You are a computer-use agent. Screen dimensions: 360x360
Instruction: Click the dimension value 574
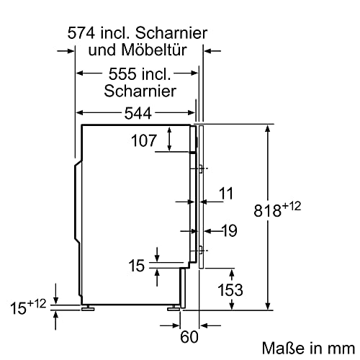[x=81, y=33]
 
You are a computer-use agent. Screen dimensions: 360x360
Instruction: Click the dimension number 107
[x=144, y=141]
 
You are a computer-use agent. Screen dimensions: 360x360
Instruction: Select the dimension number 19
[x=229, y=230]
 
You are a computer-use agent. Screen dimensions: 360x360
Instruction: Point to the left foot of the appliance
[x=89, y=307]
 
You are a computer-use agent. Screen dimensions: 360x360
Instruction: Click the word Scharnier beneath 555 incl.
[x=140, y=91]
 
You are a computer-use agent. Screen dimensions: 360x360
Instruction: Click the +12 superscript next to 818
[x=292, y=207]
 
